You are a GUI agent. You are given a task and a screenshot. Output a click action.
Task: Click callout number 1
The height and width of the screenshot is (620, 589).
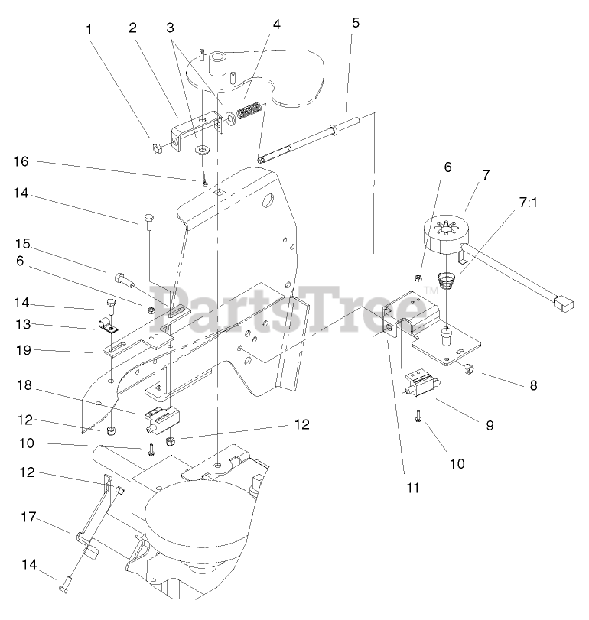click(x=89, y=30)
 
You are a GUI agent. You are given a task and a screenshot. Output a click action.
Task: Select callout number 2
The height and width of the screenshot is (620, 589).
click(x=132, y=28)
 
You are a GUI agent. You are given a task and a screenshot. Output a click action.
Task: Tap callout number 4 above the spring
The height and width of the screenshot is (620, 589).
click(x=276, y=24)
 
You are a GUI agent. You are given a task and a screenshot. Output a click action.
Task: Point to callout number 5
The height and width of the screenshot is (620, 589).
click(x=355, y=21)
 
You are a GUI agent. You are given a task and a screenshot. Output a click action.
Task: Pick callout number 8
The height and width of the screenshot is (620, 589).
click(x=533, y=385)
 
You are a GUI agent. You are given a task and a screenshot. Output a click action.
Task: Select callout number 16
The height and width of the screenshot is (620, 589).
click(x=21, y=161)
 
